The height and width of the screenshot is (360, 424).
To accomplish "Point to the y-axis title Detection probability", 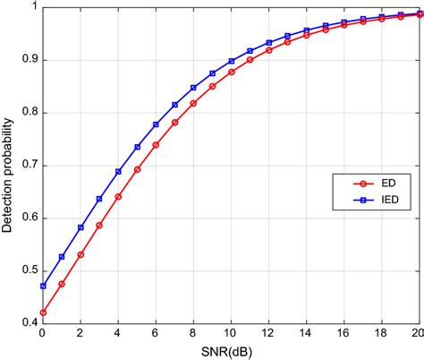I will [8, 165].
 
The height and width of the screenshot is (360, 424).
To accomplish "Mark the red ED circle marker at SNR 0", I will [42, 313].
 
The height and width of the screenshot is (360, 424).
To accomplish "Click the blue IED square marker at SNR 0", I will [42, 287].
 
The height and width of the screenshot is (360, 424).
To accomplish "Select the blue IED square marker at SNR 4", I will [118, 171].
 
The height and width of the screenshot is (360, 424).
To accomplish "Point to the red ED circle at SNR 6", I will [156, 144].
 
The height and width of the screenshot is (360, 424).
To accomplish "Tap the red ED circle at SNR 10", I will [232, 72].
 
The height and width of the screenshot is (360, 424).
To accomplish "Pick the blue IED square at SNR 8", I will [193, 88].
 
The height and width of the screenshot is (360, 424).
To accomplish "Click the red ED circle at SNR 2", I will [81, 254].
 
